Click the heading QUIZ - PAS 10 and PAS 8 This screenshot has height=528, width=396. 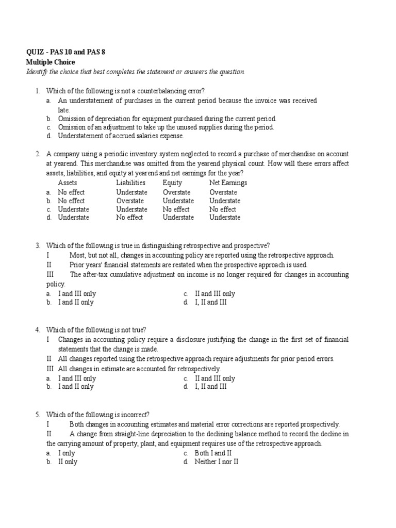pyautogui.click(x=68, y=52)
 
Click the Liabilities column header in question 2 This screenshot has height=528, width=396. pyautogui.click(x=130, y=183)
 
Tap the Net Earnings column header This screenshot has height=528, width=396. pyautogui.click(x=228, y=183)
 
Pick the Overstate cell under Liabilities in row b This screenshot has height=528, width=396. pyautogui.click(x=130, y=201)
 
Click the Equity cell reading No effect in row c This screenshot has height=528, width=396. pyautogui.click(x=176, y=209)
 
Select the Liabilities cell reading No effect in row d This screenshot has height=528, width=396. pyautogui.click(x=129, y=218)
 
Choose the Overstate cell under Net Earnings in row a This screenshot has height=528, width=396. pyautogui.click(x=223, y=192)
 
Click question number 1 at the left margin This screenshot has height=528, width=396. pyautogui.click(x=38, y=91)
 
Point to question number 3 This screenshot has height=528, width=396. pyautogui.click(x=38, y=245)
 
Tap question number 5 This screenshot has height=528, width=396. pyautogui.click(x=38, y=414)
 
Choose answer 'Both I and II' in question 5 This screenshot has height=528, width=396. pyautogui.click(x=213, y=453)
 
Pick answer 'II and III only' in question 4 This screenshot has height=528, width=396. pyautogui.click(x=214, y=378)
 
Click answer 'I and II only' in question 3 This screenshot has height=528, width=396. pyautogui.click(x=76, y=302)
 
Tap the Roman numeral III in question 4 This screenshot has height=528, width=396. pyautogui.click(x=50, y=369)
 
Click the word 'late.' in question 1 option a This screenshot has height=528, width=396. pyautogui.click(x=63, y=110)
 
